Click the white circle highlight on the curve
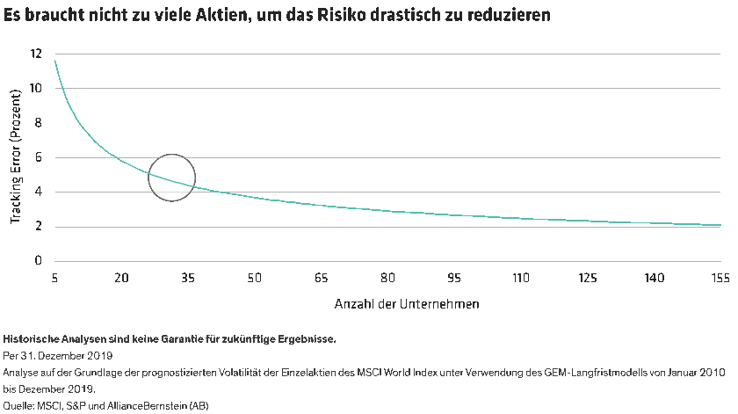(x=171, y=178)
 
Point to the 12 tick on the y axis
(x=36, y=54)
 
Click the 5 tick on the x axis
(x=54, y=278)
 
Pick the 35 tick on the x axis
(x=187, y=278)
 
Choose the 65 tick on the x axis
(x=321, y=278)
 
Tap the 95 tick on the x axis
(x=454, y=278)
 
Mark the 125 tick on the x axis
(x=587, y=278)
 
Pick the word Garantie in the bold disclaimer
(x=168, y=338)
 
